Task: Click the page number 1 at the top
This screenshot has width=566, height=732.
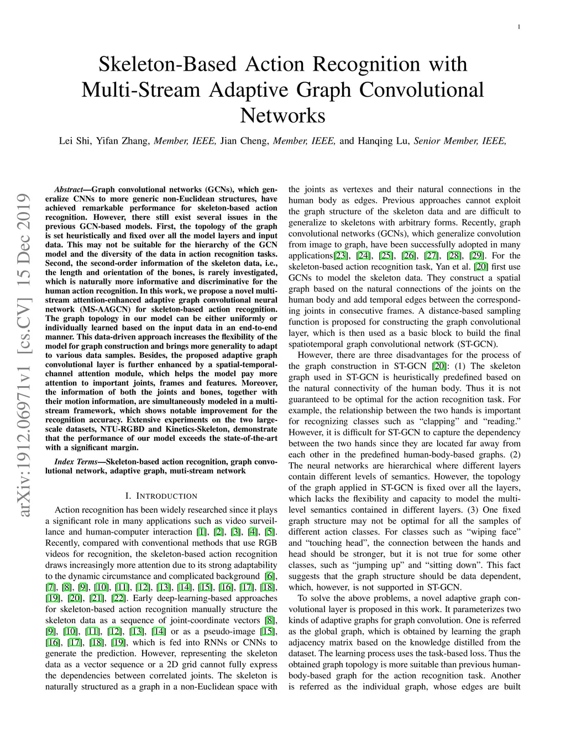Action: (x=519, y=27)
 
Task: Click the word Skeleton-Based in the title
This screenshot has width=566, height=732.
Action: (x=167, y=64)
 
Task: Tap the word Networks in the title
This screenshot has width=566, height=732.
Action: (x=282, y=115)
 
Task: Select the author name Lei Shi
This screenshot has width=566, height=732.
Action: (x=75, y=140)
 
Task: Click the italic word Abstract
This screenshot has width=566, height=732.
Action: (x=69, y=189)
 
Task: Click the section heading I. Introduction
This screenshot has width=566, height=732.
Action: (x=161, y=496)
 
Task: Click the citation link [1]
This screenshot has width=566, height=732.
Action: (x=201, y=532)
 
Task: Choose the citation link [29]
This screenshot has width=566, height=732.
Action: (x=476, y=256)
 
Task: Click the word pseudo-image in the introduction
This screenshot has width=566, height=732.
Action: (x=229, y=631)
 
